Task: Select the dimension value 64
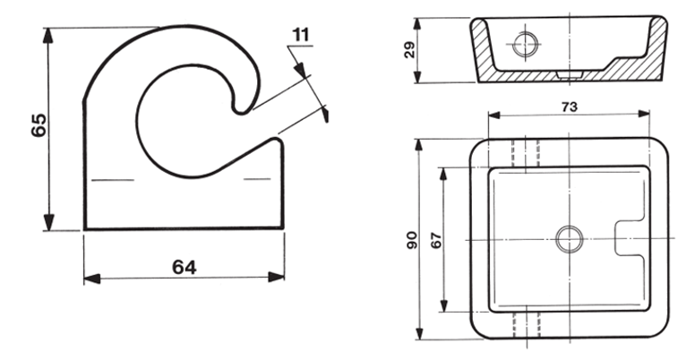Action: click(x=184, y=266)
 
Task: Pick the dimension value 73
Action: click(x=568, y=106)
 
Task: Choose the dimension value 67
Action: click(x=437, y=239)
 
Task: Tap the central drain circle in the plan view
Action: click(x=569, y=238)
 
